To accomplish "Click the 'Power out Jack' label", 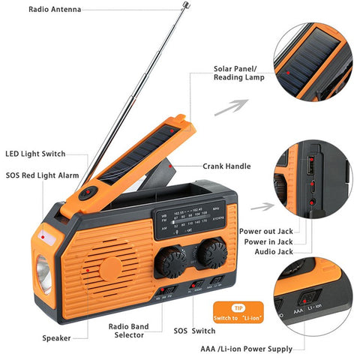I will point(266,231).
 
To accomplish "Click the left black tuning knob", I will point(172,263).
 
